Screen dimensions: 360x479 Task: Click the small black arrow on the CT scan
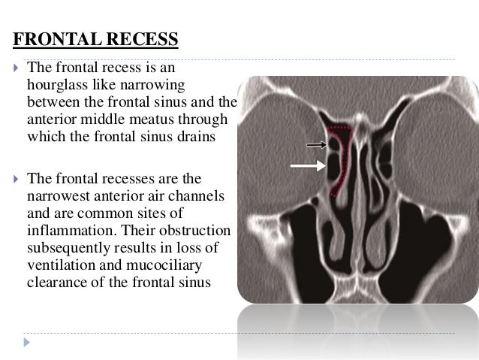(315, 144)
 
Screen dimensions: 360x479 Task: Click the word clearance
(58, 283)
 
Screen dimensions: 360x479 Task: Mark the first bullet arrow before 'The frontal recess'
(15, 68)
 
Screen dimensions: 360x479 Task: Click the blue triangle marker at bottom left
(28, 342)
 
